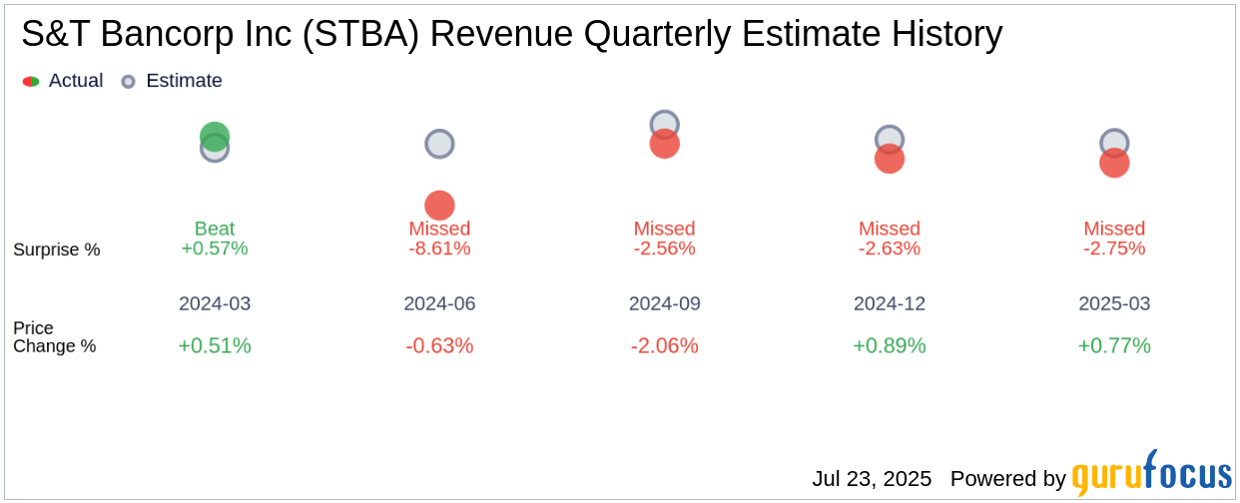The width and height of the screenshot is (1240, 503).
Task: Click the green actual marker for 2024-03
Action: click(215, 136)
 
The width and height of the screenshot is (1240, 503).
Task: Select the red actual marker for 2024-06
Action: click(439, 206)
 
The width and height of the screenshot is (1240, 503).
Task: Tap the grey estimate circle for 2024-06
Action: click(439, 144)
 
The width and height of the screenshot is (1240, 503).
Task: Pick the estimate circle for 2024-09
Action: click(665, 124)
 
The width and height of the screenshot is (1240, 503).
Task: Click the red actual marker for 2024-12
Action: click(890, 159)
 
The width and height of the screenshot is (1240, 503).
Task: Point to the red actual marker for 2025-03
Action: click(1114, 163)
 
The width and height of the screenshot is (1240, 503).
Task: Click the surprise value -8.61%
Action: click(439, 249)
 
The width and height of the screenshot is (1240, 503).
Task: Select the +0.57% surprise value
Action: click(215, 249)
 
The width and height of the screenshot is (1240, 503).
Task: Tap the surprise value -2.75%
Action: click(1114, 249)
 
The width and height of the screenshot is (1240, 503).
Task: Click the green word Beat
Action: click(215, 229)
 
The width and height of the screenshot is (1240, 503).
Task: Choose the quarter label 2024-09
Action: click(665, 303)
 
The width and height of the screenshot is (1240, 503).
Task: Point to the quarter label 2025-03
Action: click(1114, 303)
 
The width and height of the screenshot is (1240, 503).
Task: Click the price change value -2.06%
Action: click(665, 346)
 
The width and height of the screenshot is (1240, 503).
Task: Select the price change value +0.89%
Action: click(890, 346)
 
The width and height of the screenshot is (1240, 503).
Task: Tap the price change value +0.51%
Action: click(215, 346)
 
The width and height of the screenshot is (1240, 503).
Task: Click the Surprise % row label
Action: click(57, 250)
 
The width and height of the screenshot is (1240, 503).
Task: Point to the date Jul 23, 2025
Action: click(872, 479)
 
